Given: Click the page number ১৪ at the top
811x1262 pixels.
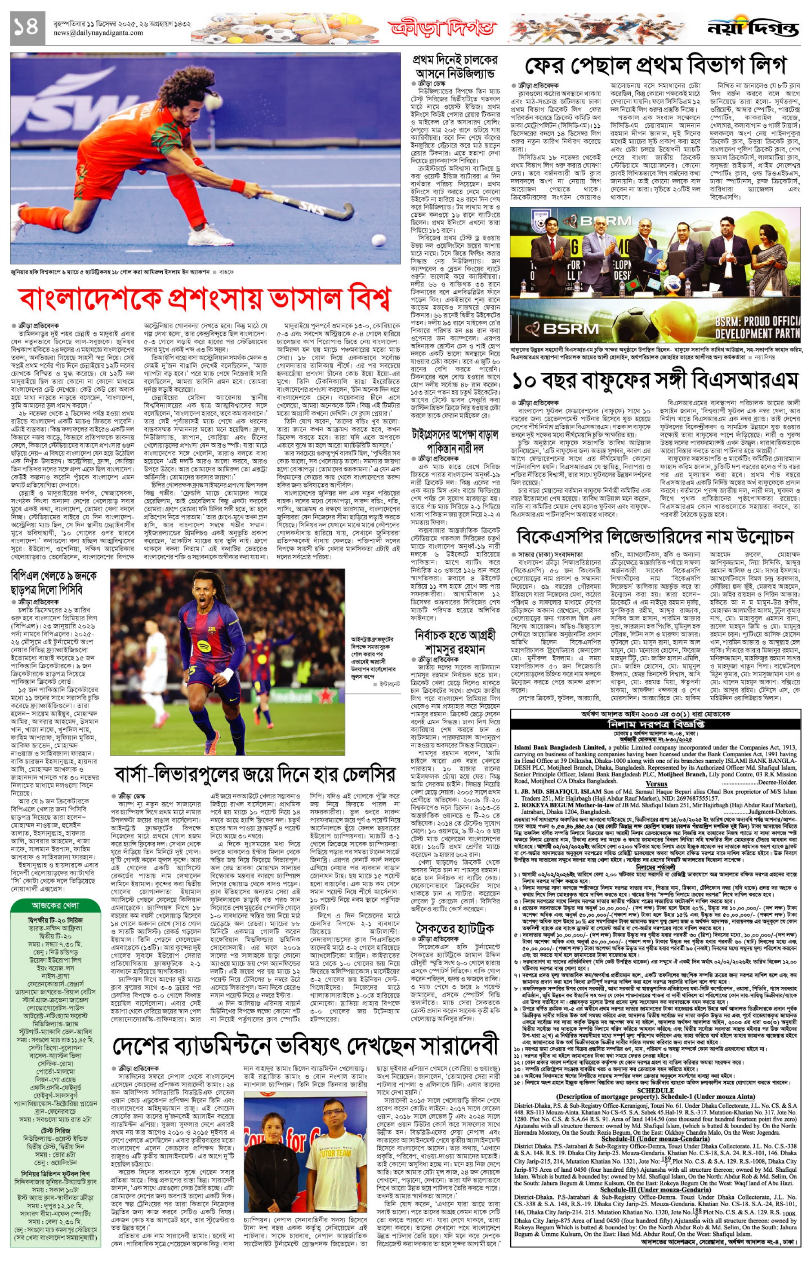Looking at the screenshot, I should click(x=26, y=27).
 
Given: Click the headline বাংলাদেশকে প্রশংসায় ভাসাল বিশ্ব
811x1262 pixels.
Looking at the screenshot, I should click(x=205, y=298).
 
